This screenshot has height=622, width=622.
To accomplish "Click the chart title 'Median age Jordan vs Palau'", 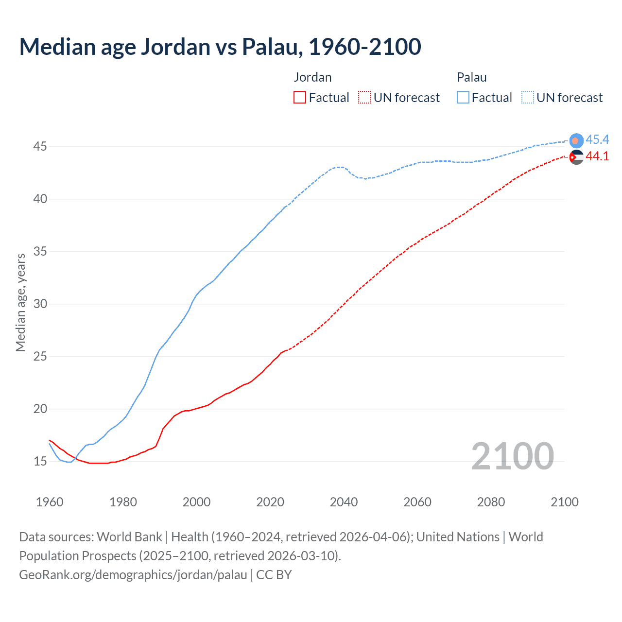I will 220,47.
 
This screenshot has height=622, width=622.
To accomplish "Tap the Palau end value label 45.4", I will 597,140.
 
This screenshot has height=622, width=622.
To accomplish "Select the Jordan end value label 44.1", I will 597,156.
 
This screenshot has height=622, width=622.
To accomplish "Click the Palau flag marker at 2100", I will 576,140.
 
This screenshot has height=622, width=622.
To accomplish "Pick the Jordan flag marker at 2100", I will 576,157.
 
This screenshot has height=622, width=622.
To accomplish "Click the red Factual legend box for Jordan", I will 300,98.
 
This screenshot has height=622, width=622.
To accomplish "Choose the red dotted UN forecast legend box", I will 364,98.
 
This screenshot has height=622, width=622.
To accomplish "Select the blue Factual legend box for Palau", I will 463,98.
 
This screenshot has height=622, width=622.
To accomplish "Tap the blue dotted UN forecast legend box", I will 528,98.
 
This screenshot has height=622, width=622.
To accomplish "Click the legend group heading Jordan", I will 312,77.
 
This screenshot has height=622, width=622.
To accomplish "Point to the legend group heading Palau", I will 471,77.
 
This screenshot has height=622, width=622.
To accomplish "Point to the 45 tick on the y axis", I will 40,146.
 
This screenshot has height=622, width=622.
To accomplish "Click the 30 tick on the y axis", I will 40,304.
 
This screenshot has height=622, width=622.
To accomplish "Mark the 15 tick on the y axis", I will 40,461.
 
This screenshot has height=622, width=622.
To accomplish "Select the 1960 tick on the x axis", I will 50,502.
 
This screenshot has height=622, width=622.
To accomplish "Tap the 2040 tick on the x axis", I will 344,502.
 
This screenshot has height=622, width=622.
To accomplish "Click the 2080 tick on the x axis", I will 491,502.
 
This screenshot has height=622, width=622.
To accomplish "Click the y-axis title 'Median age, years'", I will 20,302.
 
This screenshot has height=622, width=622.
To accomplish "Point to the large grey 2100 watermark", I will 512,456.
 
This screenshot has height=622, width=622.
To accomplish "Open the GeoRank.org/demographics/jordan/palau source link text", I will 133,575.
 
